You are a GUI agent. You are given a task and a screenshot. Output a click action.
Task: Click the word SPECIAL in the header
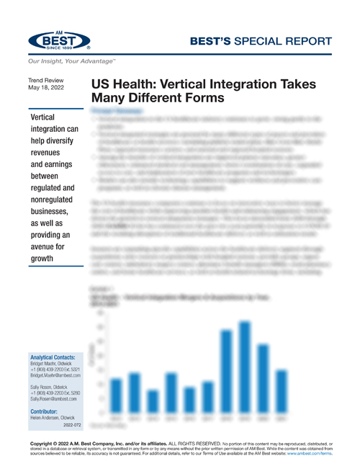click(256, 41)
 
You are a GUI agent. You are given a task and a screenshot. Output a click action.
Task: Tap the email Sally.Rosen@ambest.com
click(55, 400)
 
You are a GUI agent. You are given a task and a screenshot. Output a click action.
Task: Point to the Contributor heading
click(47, 412)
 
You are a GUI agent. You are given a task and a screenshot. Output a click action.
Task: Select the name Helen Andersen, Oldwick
click(55, 418)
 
